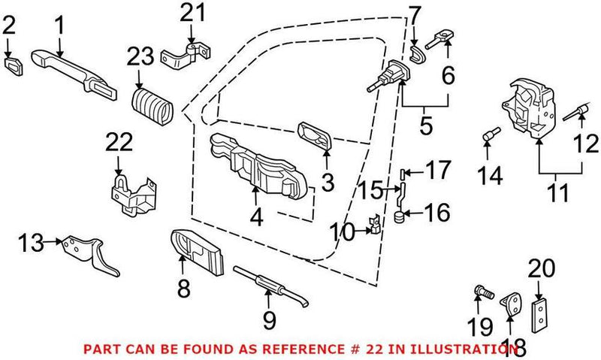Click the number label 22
coord(119,142)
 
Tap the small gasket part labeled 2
coord(14,59)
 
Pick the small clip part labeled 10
coord(373,224)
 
